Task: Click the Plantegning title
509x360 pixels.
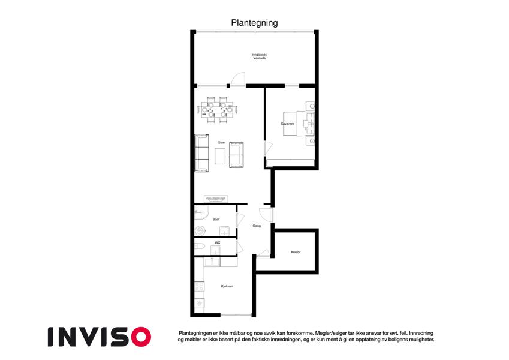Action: (x=254, y=23)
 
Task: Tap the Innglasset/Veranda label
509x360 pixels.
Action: (x=260, y=56)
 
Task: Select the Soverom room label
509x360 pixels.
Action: (x=287, y=124)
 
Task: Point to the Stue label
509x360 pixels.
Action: (x=221, y=143)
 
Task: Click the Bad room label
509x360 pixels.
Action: (x=216, y=220)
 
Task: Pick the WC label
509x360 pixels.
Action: (x=218, y=243)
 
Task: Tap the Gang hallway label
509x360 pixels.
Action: (x=257, y=226)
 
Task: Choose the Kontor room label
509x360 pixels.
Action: (x=296, y=252)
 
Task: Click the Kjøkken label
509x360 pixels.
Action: (x=227, y=286)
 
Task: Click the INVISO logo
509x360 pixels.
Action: (x=100, y=337)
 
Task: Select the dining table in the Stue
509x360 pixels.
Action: (x=217, y=110)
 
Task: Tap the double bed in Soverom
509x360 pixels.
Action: (x=299, y=124)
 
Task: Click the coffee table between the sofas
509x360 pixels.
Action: (x=220, y=156)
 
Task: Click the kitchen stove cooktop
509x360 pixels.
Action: (x=199, y=287)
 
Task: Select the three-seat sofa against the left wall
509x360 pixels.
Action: (x=201, y=153)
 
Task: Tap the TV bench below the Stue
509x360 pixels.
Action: (x=216, y=199)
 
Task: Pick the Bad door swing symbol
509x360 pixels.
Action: (x=240, y=220)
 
